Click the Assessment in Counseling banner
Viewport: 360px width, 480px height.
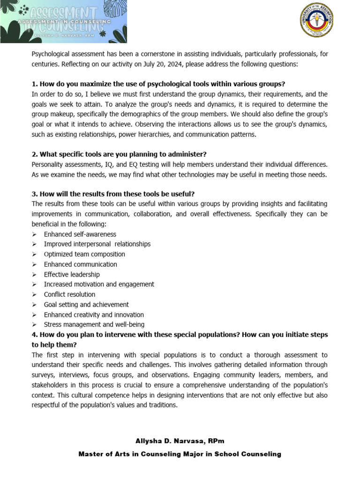click(x=63, y=22)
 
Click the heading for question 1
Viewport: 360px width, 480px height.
click(x=158, y=84)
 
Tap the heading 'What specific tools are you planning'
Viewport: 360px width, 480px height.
click(x=119, y=154)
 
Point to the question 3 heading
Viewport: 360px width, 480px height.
click(x=113, y=194)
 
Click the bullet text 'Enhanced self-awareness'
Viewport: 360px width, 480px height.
click(x=80, y=234)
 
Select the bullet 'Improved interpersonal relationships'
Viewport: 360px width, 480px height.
click(x=97, y=244)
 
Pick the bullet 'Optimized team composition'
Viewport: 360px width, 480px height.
click(x=84, y=254)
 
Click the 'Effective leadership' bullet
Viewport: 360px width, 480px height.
click(x=72, y=274)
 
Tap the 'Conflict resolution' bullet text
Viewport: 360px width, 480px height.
click(x=69, y=294)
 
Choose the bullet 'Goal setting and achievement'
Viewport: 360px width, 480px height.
click(x=86, y=305)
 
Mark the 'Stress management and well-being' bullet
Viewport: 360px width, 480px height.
click(x=94, y=324)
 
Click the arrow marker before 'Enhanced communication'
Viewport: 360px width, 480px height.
click(x=35, y=264)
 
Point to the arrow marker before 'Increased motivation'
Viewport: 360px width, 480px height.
click(x=35, y=285)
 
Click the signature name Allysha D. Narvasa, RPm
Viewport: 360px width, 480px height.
click(x=180, y=441)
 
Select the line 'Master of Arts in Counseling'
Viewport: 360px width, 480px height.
click(x=180, y=454)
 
